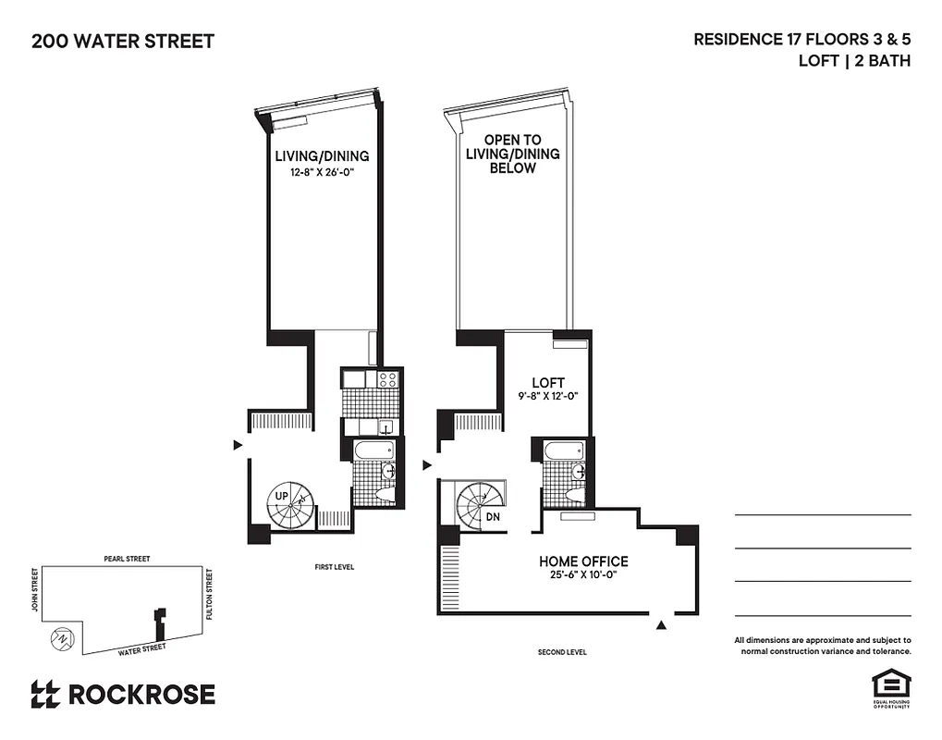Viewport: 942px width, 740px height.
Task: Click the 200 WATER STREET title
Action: click(123, 41)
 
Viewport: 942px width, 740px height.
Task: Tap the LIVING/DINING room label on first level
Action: click(322, 155)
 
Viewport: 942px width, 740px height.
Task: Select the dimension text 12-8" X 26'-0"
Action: click(322, 171)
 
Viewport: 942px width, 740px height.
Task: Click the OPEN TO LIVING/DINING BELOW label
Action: click(512, 154)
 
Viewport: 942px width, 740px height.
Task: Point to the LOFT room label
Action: click(547, 383)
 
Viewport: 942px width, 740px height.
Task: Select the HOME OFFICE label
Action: click(583, 561)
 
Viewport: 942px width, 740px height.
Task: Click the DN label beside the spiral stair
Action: click(494, 517)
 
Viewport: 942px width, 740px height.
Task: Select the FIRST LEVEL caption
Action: click(333, 567)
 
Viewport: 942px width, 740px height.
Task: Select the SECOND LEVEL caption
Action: click(562, 652)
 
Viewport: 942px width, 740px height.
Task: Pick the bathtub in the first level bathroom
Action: click(373, 450)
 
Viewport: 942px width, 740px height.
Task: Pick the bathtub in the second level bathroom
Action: click(562, 450)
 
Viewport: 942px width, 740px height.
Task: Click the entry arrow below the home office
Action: click(661, 626)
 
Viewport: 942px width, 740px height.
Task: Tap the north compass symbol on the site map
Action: click(60, 637)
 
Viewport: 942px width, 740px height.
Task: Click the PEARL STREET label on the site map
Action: click(127, 559)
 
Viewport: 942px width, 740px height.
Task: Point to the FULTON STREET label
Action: click(210, 594)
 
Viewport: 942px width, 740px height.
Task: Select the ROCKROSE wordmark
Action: click(123, 694)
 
